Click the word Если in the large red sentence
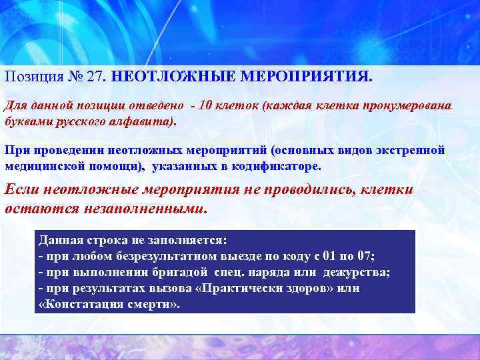click(x=20, y=189)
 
